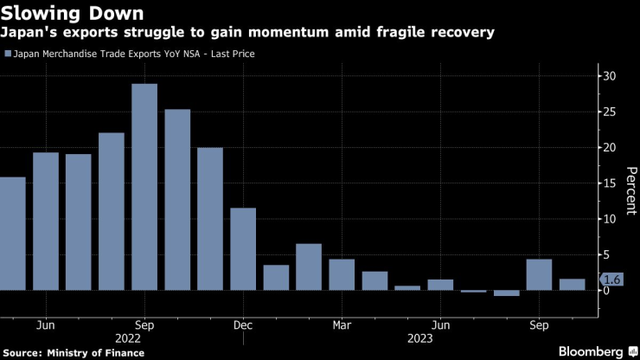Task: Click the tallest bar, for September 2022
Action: (144, 187)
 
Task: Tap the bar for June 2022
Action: (46, 222)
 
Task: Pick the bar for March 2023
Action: (342, 274)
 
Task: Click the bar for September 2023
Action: (539, 274)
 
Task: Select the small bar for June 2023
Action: (440, 285)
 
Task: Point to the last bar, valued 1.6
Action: (572, 285)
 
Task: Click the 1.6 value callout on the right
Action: (611, 280)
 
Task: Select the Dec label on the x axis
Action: (243, 325)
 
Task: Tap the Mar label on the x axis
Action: (342, 325)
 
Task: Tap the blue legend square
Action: (8, 54)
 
